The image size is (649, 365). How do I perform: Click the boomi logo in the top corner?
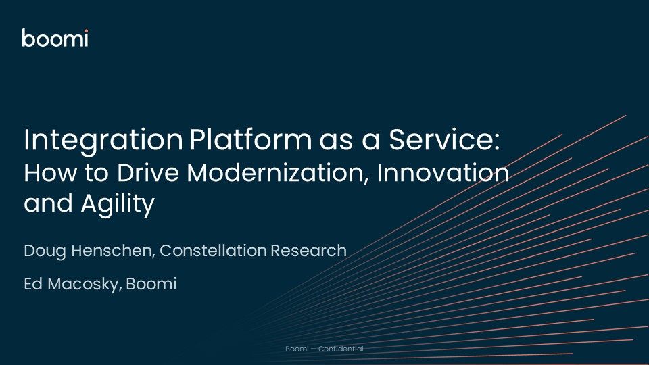pos(55,39)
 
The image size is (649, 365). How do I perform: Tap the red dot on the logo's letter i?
pos(85,31)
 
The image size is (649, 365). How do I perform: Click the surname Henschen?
pos(120,251)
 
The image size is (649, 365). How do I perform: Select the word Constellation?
pos(223,251)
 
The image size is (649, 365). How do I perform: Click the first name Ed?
pos(32,284)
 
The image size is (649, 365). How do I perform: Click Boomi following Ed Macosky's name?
pos(153,284)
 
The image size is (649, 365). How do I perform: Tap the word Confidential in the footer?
pos(341,349)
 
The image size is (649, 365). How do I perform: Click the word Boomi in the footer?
pos(297,349)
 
